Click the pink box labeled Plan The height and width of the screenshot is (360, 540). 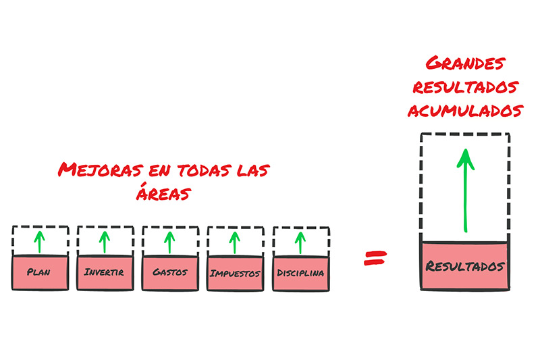click(40, 273)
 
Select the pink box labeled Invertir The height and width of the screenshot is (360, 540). click(105, 273)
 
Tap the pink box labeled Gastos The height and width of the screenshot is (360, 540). click(171, 273)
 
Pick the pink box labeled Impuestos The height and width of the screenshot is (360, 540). click(236, 274)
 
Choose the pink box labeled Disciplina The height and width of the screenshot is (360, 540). click(301, 274)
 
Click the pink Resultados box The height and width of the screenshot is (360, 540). click(465, 266)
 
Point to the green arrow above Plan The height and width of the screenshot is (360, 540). click(40, 242)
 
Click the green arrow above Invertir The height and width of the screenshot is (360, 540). click(105, 242)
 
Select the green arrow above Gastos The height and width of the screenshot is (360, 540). click(169, 242)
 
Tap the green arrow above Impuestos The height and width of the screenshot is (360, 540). click(234, 243)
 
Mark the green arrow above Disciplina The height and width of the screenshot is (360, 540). click(300, 243)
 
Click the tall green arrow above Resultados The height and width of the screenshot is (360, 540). click(465, 190)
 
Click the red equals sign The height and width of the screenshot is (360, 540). click(375, 258)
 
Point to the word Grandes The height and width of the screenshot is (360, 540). click(465, 63)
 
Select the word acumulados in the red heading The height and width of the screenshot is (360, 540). click(465, 111)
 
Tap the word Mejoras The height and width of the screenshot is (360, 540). click(100, 170)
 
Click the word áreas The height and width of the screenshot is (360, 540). click(163, 192)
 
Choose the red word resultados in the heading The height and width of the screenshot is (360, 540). click(465, 87)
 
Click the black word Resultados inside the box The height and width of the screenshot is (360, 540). click(465, 266)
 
